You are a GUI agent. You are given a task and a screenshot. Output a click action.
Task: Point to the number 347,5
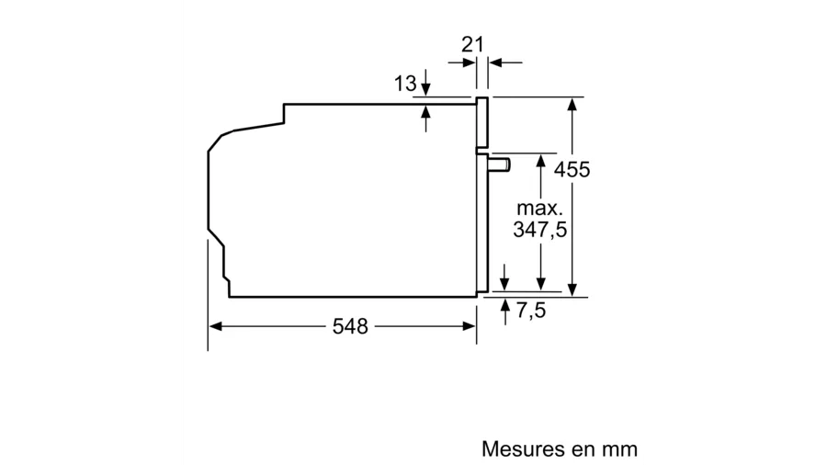(539, 230)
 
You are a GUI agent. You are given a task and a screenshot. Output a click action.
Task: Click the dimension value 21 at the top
(472, 44)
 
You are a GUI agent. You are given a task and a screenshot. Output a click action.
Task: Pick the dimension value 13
(405, 85)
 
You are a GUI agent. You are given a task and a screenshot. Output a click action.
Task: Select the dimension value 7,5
(530, 311)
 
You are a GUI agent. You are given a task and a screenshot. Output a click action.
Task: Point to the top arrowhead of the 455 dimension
(572, 104)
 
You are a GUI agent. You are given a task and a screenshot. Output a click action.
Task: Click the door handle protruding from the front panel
(498, 164)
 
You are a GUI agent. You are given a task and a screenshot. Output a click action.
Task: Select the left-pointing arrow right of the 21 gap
(497, 62)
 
